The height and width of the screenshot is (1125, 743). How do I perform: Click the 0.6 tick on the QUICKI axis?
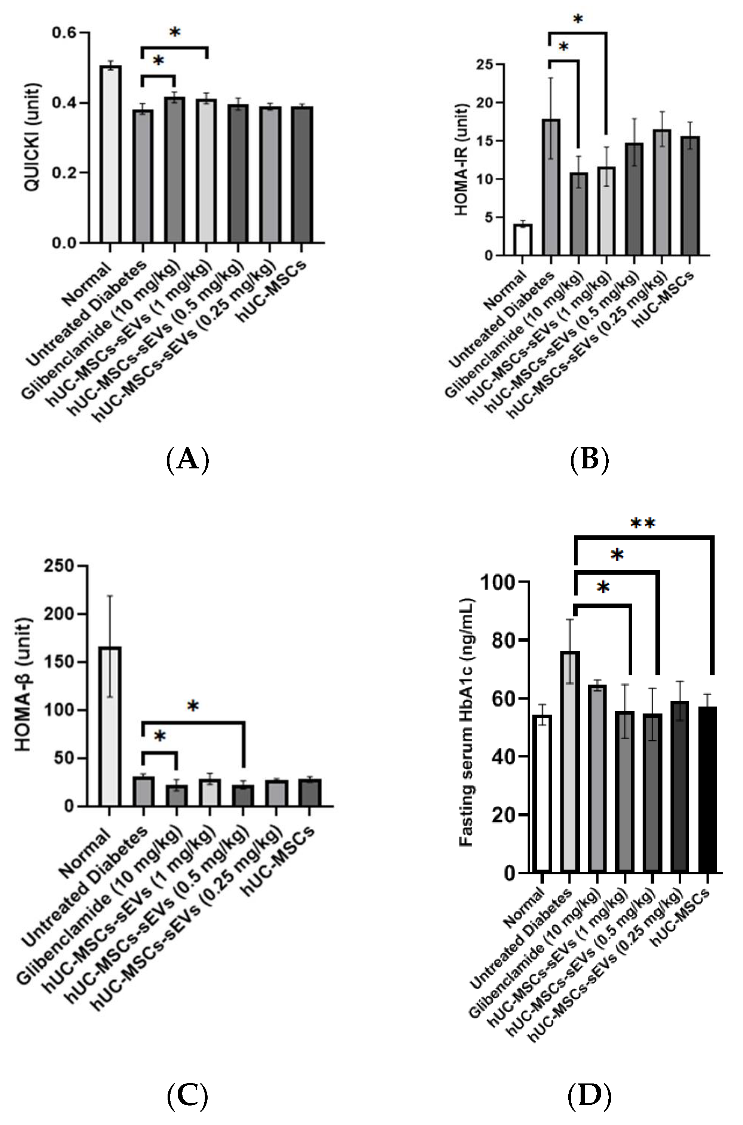pos(64,33)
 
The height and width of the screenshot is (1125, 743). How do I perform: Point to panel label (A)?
pos(188,459)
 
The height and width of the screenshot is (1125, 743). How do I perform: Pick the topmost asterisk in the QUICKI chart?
pos(174,33)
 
